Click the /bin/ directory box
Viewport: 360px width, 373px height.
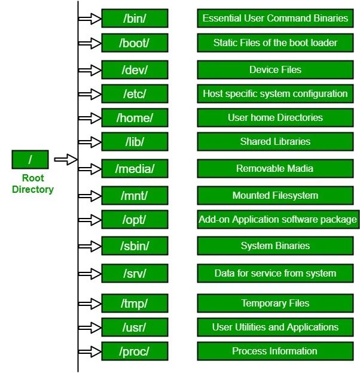point(135,19)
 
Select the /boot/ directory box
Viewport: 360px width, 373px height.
point(135,43)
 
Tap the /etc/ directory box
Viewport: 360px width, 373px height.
point(135,94)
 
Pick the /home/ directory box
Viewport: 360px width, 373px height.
point(135,118)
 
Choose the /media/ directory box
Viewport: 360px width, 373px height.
point(135,169)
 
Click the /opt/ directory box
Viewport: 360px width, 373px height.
point(135,220)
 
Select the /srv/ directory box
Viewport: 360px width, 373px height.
point(135,274)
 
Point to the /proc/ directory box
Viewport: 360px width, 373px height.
point(135,351)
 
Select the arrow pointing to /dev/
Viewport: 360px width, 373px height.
point(90,69)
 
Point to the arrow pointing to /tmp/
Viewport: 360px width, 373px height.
point(90,304)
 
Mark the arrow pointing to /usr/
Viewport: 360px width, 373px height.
point(90,327)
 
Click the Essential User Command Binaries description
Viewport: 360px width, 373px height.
point(275,19)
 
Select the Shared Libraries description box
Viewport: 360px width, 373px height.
point(275,142)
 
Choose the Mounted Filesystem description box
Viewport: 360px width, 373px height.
point(275,196)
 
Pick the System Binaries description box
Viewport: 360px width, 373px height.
point(275,246)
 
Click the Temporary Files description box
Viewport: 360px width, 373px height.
point(275,304)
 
